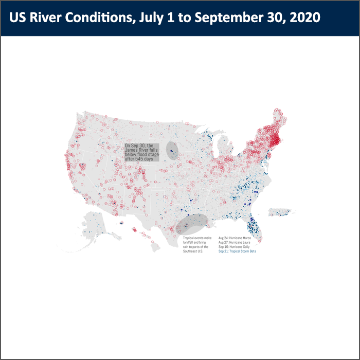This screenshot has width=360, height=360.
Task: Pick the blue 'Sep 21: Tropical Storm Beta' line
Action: coord(237,251)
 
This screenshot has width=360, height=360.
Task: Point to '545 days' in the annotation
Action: coord(144,159)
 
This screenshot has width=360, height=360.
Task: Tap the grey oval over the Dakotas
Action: coord(173,150)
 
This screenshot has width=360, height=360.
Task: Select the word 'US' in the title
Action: coord(17,17)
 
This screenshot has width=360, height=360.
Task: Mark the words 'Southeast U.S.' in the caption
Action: coord(193,251)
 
